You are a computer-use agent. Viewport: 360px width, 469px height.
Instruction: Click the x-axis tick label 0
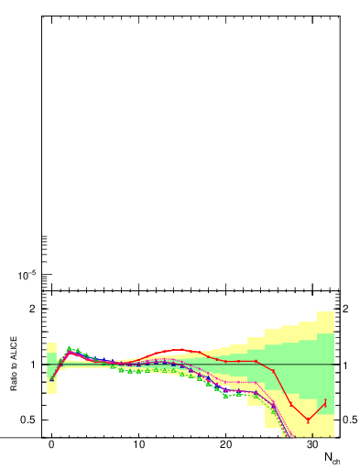(51, 443)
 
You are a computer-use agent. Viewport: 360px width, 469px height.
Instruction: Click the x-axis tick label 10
(138, 443)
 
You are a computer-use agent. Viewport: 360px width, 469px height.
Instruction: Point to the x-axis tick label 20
(225, 443)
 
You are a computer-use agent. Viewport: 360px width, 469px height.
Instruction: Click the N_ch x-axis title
(332, 457)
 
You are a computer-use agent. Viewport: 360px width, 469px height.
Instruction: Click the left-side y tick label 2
(33, 309)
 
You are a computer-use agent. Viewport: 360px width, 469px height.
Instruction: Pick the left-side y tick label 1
(33, 365)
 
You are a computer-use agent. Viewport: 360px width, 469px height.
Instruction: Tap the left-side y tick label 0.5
(29, 420)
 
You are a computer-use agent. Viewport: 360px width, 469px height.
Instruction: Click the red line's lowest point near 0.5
(308, 420)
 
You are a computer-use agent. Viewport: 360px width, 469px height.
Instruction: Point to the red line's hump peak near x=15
(182, 350)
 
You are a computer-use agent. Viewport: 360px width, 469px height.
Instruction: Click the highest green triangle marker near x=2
(69, 349)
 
